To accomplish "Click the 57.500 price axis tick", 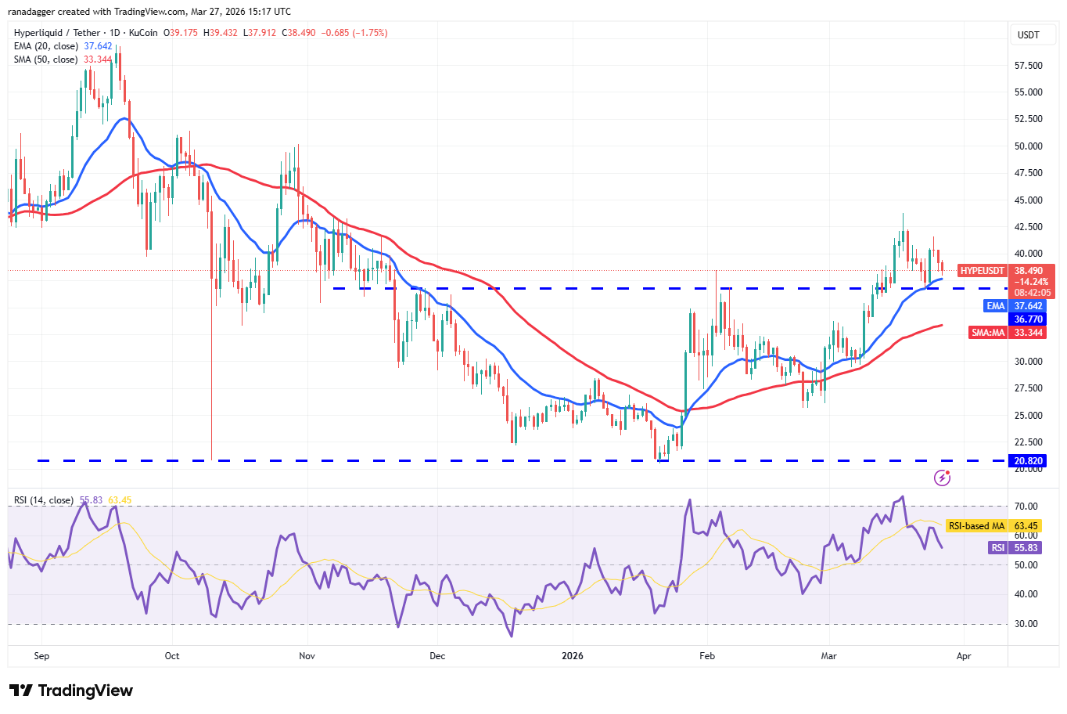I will pos(1028,66).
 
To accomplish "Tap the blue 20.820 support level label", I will pos(1028,461).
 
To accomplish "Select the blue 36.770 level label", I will pos(1028,319).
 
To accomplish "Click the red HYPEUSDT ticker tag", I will pos(982,271).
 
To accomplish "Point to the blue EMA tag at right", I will pos(995,306).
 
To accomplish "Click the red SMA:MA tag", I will pos(988,333).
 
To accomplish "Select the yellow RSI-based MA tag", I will pos(976,526).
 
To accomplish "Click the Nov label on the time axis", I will pos(307,656).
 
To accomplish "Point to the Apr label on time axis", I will pos(964,656).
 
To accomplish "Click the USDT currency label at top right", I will pos(1028,35).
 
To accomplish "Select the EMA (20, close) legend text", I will pos(45,46).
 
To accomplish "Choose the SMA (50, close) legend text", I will pos(45,59).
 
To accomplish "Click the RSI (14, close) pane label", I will pos(44,500).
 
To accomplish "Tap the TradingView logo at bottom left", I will pos(71,691).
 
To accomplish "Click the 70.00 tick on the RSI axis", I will pos(1026,507).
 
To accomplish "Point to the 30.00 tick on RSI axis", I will pos(1026,624).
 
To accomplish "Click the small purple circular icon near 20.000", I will pos(942,478).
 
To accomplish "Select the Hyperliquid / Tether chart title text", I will pos(57,33).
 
